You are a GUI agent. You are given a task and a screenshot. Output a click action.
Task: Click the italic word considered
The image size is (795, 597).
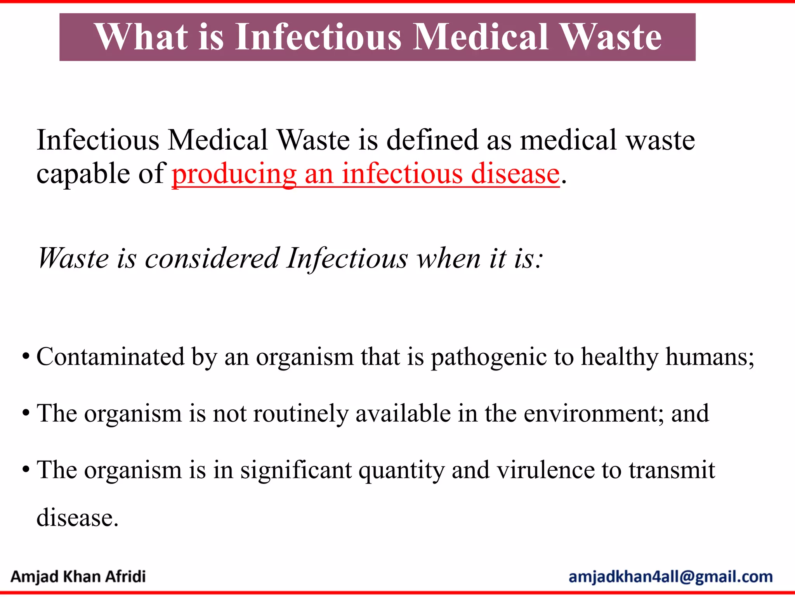(212, 258)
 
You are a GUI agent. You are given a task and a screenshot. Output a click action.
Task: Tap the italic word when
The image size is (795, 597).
(448, 258)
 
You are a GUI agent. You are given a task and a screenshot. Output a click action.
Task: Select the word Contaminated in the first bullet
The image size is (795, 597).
(110, 356)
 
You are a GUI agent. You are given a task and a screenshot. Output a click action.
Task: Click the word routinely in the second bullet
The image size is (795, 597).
(301, 414)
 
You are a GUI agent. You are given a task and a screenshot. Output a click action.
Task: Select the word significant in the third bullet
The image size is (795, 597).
(295, 470)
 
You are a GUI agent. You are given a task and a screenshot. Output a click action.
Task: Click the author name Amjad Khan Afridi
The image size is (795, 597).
(78, 576)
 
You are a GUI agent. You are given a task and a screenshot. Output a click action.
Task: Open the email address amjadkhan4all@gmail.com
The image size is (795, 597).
(670, 577)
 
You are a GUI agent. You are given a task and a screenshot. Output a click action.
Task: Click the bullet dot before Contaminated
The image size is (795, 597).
(26, 356)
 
